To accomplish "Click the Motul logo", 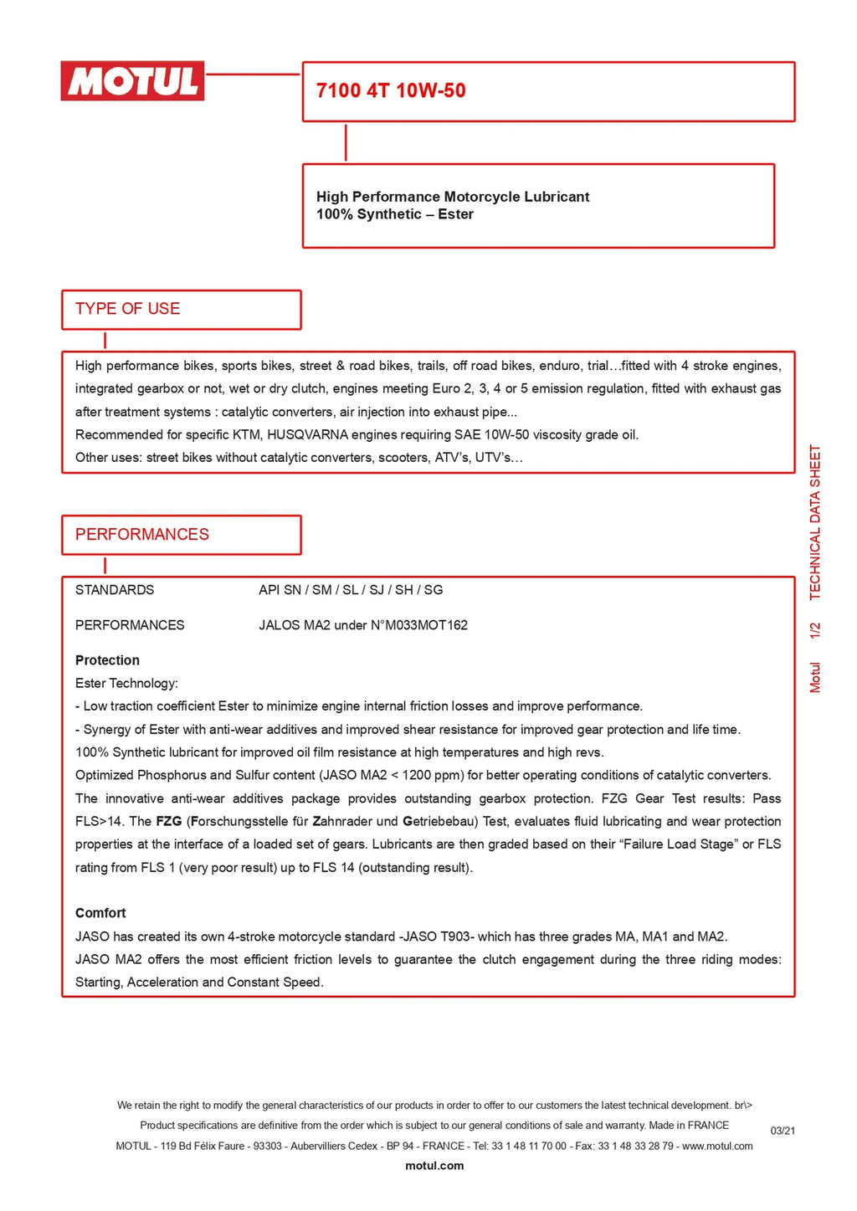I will (x=132, y=81).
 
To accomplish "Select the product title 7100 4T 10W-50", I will (x=391, y=91).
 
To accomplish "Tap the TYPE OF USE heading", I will (x=128, y=309).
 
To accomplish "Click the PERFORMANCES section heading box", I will (x=181, y=535).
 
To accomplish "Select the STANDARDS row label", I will (x=115, y=590).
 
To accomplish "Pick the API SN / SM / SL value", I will (x=351, y=590).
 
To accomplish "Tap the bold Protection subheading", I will (x=107, y=660).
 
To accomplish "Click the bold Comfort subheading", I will (x=100, y=913).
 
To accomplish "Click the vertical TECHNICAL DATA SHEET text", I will (x=815, y=522).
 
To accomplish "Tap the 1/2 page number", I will (x=815, y=630).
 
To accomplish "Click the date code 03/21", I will (x=783, y=1131).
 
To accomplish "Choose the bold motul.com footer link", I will (x=434, y=1166).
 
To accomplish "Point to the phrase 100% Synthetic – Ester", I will (x=395, y=215).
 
